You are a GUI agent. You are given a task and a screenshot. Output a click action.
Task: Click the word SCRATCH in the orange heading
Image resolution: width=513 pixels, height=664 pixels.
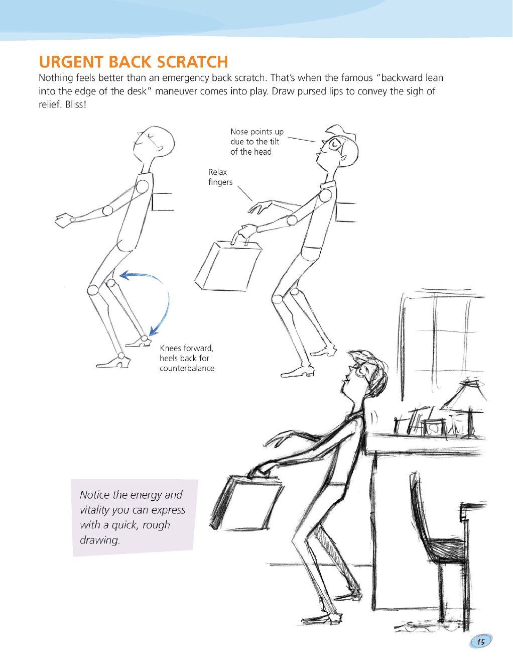192,62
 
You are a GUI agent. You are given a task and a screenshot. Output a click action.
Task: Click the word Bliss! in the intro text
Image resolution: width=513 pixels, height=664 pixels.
76,104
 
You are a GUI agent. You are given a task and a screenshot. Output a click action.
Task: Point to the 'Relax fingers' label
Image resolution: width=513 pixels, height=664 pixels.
220,177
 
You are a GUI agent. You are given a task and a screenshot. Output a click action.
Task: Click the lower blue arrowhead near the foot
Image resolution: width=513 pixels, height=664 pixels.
154,330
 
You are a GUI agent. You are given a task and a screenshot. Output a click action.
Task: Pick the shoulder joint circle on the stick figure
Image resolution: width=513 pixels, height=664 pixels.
142,187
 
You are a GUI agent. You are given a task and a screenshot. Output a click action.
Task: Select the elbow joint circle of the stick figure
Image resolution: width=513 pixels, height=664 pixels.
107,210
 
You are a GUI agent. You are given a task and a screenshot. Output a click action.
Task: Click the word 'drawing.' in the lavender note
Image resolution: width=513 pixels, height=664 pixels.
99,540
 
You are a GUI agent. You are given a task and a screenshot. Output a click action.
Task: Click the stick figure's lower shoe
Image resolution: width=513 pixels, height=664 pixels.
113,363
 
